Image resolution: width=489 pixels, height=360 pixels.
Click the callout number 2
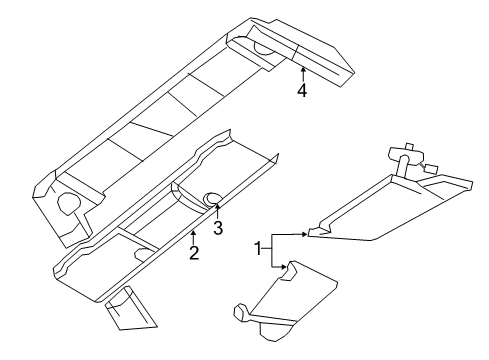point(194,253)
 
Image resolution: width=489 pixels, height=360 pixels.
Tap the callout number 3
point(217,228)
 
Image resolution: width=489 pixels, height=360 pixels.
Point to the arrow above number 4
point(301,71)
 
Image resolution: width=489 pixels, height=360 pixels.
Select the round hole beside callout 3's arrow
point(213,196)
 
